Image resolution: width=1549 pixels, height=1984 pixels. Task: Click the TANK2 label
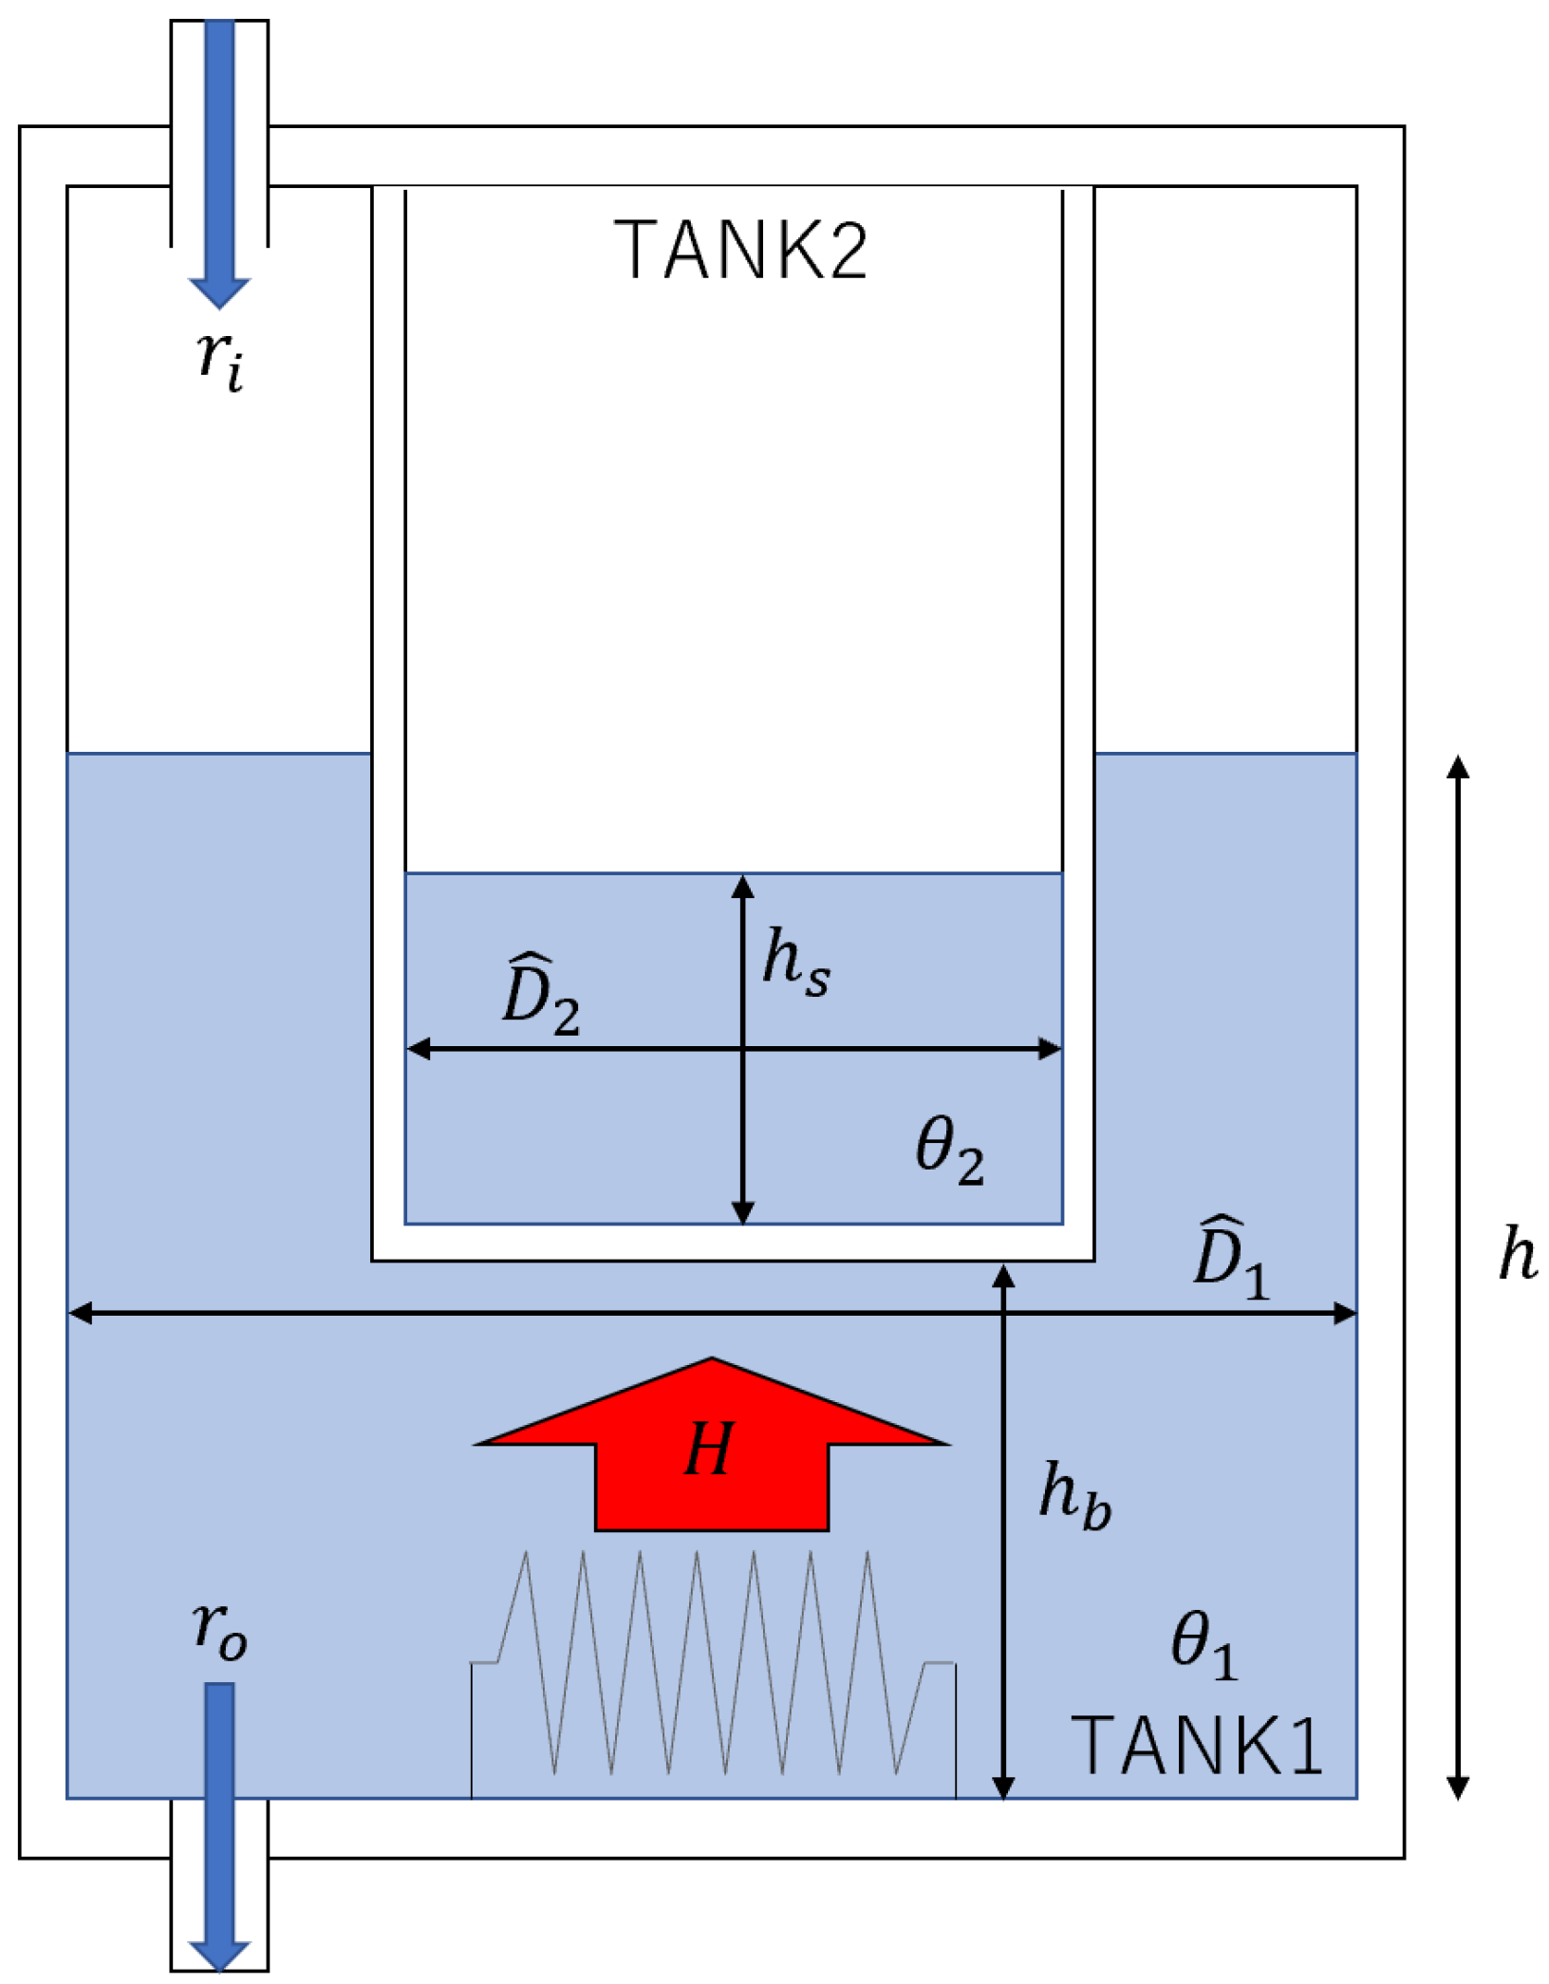point(740,250)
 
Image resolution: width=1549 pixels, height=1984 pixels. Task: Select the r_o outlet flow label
point(220,1631)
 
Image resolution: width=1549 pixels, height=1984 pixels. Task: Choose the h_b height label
point(1074,1494)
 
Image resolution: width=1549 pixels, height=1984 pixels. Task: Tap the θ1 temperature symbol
point(1204,1645)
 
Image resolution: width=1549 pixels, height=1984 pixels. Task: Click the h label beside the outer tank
point(1517,1253)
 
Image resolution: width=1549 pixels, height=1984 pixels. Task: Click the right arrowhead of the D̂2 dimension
point(1050,1048)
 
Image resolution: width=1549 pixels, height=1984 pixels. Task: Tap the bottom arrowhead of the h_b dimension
point(1003,1787)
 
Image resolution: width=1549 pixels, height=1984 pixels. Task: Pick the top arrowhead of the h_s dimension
point(743,887)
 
